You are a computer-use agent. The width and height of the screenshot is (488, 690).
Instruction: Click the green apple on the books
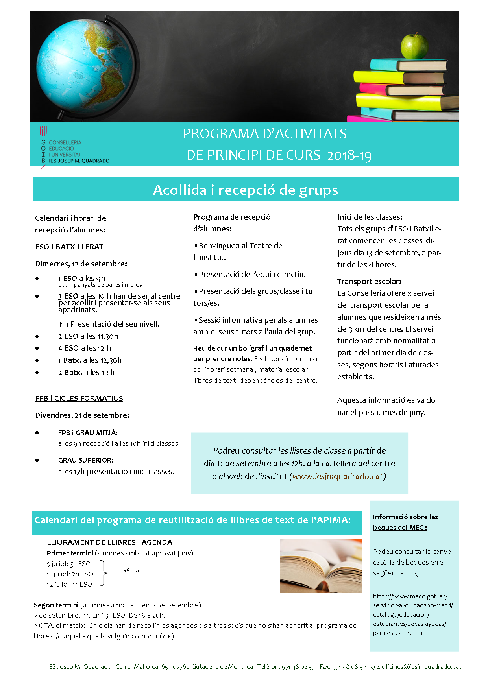[414, 46]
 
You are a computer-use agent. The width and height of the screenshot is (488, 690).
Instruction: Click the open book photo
[320, 566]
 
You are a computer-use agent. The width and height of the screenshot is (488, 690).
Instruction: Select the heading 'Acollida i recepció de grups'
[246, 190]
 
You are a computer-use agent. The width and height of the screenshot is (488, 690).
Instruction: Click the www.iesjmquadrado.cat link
[338, 476]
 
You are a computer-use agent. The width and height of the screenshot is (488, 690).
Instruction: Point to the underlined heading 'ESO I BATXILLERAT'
[69, 247]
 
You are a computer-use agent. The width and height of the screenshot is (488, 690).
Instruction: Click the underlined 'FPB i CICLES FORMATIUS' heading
[79, 399]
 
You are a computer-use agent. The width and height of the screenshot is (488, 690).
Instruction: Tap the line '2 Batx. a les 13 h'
[86, 373]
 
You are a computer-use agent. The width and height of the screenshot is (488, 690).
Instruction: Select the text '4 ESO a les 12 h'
[85, 348]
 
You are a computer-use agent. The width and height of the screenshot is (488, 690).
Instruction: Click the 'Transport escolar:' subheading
[369, 282]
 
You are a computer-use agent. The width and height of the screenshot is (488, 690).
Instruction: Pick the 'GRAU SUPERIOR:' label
[86, 460]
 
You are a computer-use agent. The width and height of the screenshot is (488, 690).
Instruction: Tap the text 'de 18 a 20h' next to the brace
[130, 571]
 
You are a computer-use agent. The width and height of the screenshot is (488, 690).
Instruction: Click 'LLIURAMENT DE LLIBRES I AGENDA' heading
[109, 542]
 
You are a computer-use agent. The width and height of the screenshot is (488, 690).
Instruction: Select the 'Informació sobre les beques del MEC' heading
[405, 522]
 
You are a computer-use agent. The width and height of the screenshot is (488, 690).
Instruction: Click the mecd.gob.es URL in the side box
[413, 614]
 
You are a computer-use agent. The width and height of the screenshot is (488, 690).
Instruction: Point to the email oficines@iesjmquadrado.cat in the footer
[421, 667]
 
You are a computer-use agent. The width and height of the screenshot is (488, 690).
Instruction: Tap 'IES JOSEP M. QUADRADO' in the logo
[79, 161]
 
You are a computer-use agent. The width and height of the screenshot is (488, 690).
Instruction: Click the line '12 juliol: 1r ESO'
[69, 585]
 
